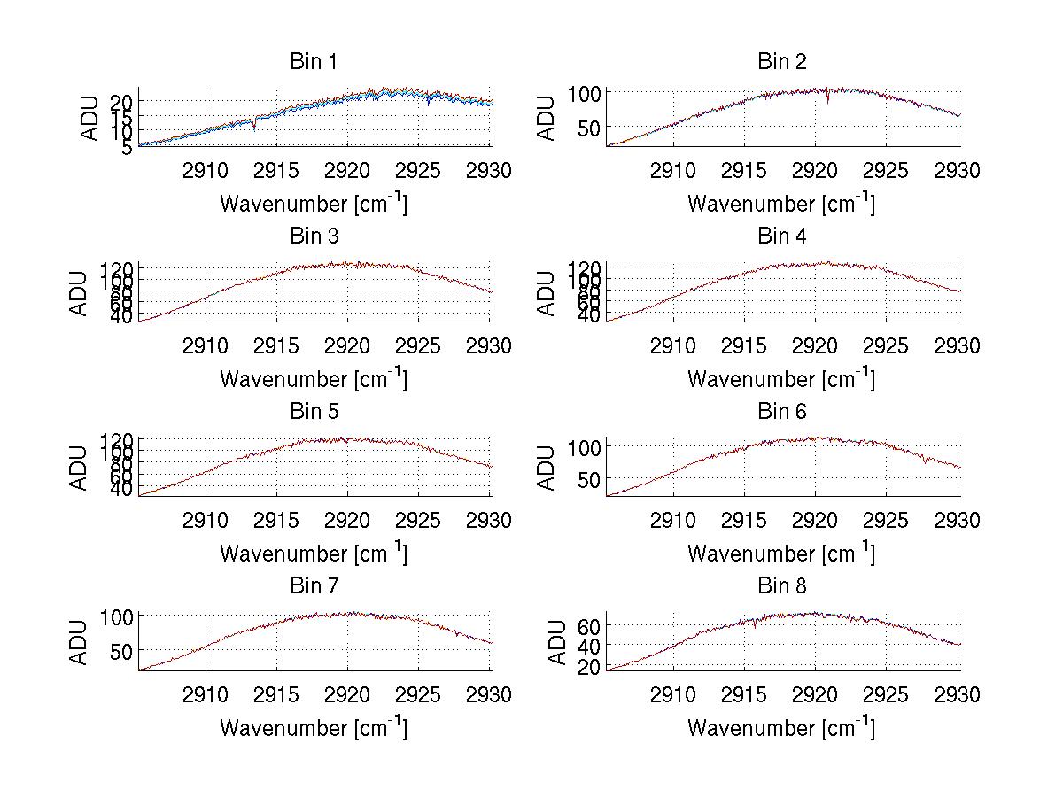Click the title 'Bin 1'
[x=314, y=62]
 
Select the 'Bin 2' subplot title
[x=781, y=62]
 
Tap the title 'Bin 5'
[x=314, y=412]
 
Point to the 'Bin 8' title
[x=781, y=586]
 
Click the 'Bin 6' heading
[x=781, y=412]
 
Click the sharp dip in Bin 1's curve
[x=255, y=128]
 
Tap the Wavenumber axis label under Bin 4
[x=781, y=379]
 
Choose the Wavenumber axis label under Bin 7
[x=314, y=728]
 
